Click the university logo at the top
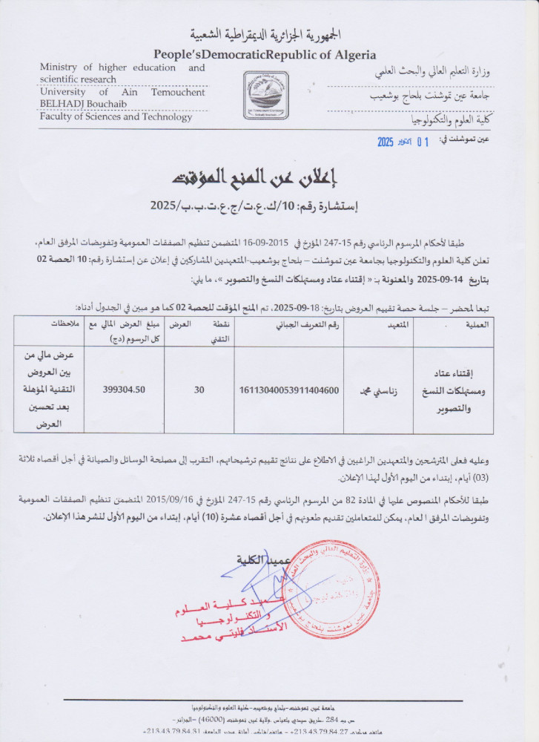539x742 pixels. (267, 96)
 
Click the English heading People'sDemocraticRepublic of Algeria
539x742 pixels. (265, 55)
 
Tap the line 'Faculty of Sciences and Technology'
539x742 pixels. (117, 117)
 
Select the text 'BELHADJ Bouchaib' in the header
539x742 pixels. (79, 105)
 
